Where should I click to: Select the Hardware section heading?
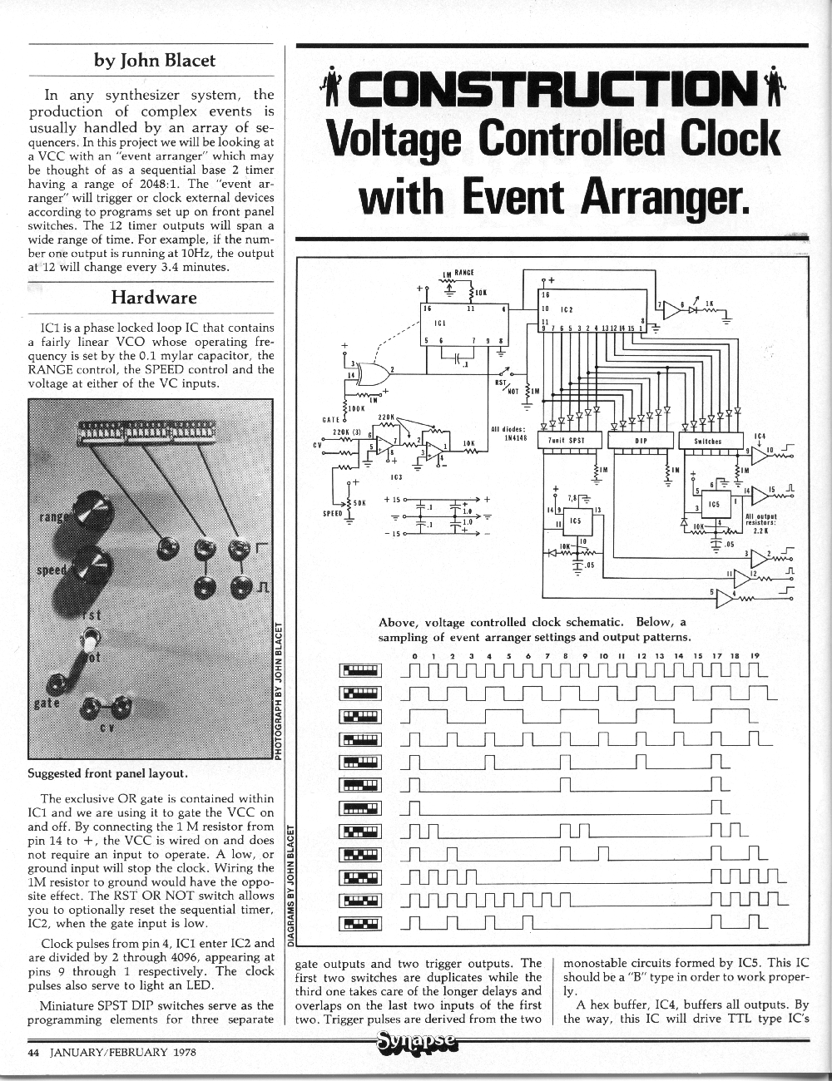[x=154, y=297]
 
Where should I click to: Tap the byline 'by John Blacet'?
[x=154, y=60]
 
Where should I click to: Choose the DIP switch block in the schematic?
[x=641, y=441]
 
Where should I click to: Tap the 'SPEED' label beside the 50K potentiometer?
[x=333, y=513]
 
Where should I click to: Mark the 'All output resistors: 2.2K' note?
[x=760, y=523]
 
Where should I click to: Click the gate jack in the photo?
[x=57, y=684]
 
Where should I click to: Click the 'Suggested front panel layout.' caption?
[x=107, y=772]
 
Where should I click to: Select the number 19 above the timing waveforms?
[x=755, y=656]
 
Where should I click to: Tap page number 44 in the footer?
[x=34, y=1051]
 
